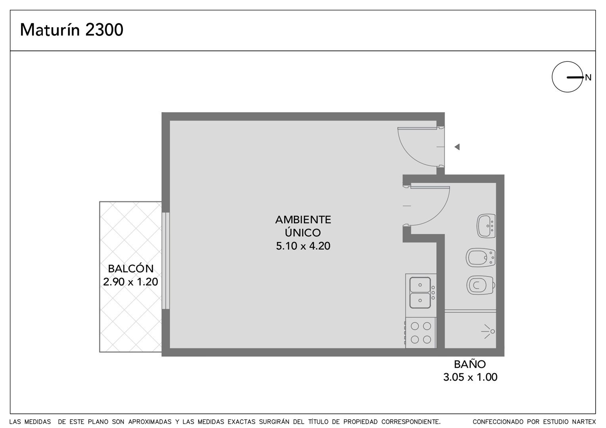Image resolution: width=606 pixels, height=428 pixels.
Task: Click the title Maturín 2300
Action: pos(71,30)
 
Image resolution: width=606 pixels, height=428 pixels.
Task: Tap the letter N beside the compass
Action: pos(588,78)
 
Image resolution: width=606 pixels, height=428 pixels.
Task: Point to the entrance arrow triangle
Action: pos(457,147)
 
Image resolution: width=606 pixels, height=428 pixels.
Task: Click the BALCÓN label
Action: pos(130,268)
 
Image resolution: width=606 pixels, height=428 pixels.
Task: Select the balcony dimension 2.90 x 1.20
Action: pos(130,282)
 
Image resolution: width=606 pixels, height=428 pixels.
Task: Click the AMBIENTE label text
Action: pos(303,220)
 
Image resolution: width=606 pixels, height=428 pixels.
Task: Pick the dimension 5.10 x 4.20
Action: pos(303,246)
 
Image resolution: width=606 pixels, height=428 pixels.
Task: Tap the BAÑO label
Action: pos(470,364)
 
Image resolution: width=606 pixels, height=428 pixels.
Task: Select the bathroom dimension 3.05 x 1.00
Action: pos(470,377)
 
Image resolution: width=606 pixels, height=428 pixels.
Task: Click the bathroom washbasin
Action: pos(486,226)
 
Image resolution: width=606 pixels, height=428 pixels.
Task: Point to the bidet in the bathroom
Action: pos(480,258)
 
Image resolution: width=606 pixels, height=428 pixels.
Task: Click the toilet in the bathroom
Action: pos(481,285)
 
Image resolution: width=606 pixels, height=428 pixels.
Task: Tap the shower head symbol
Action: pos(488,331)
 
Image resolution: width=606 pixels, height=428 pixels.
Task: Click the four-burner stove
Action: pos(421,333)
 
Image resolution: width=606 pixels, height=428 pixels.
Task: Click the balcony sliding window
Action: pos(165,261)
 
